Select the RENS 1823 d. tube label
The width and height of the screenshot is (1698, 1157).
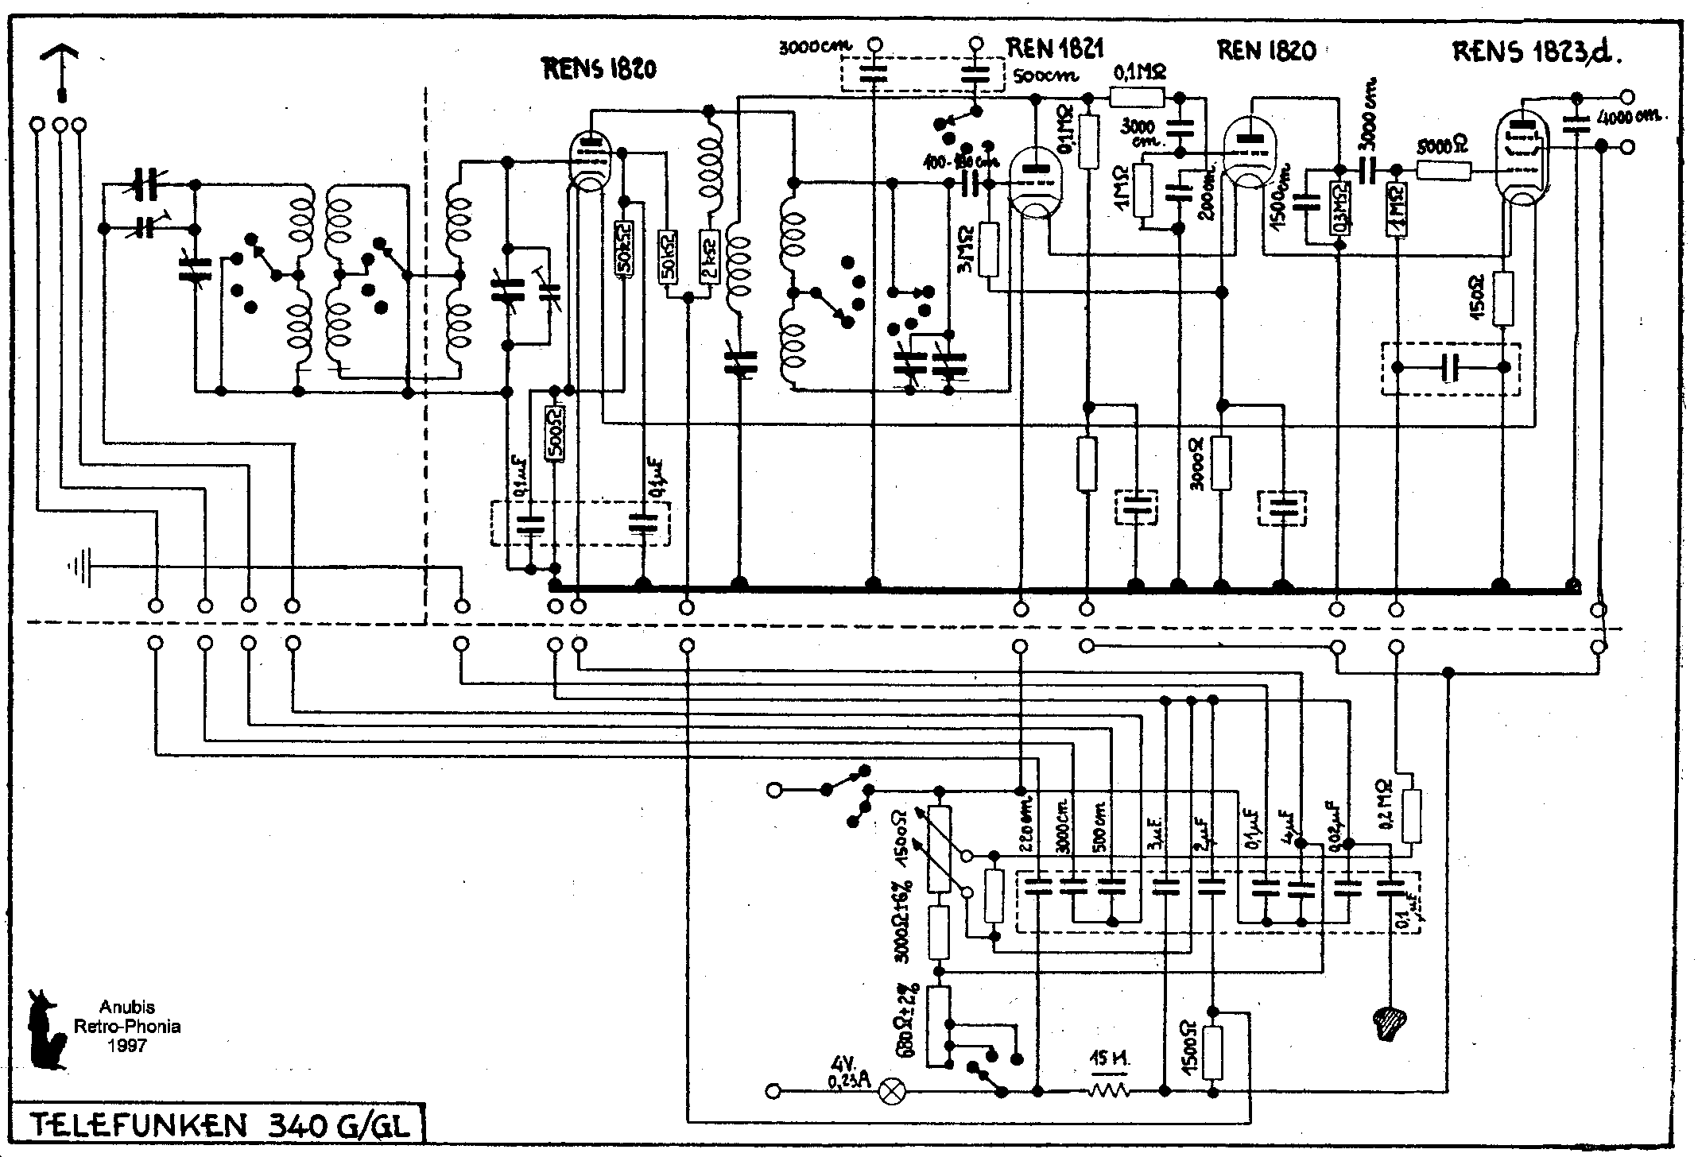click(1536, 52)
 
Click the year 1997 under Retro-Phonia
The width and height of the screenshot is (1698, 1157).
click(127, 1046)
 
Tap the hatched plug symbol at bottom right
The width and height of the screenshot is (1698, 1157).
click(1390, 1025)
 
